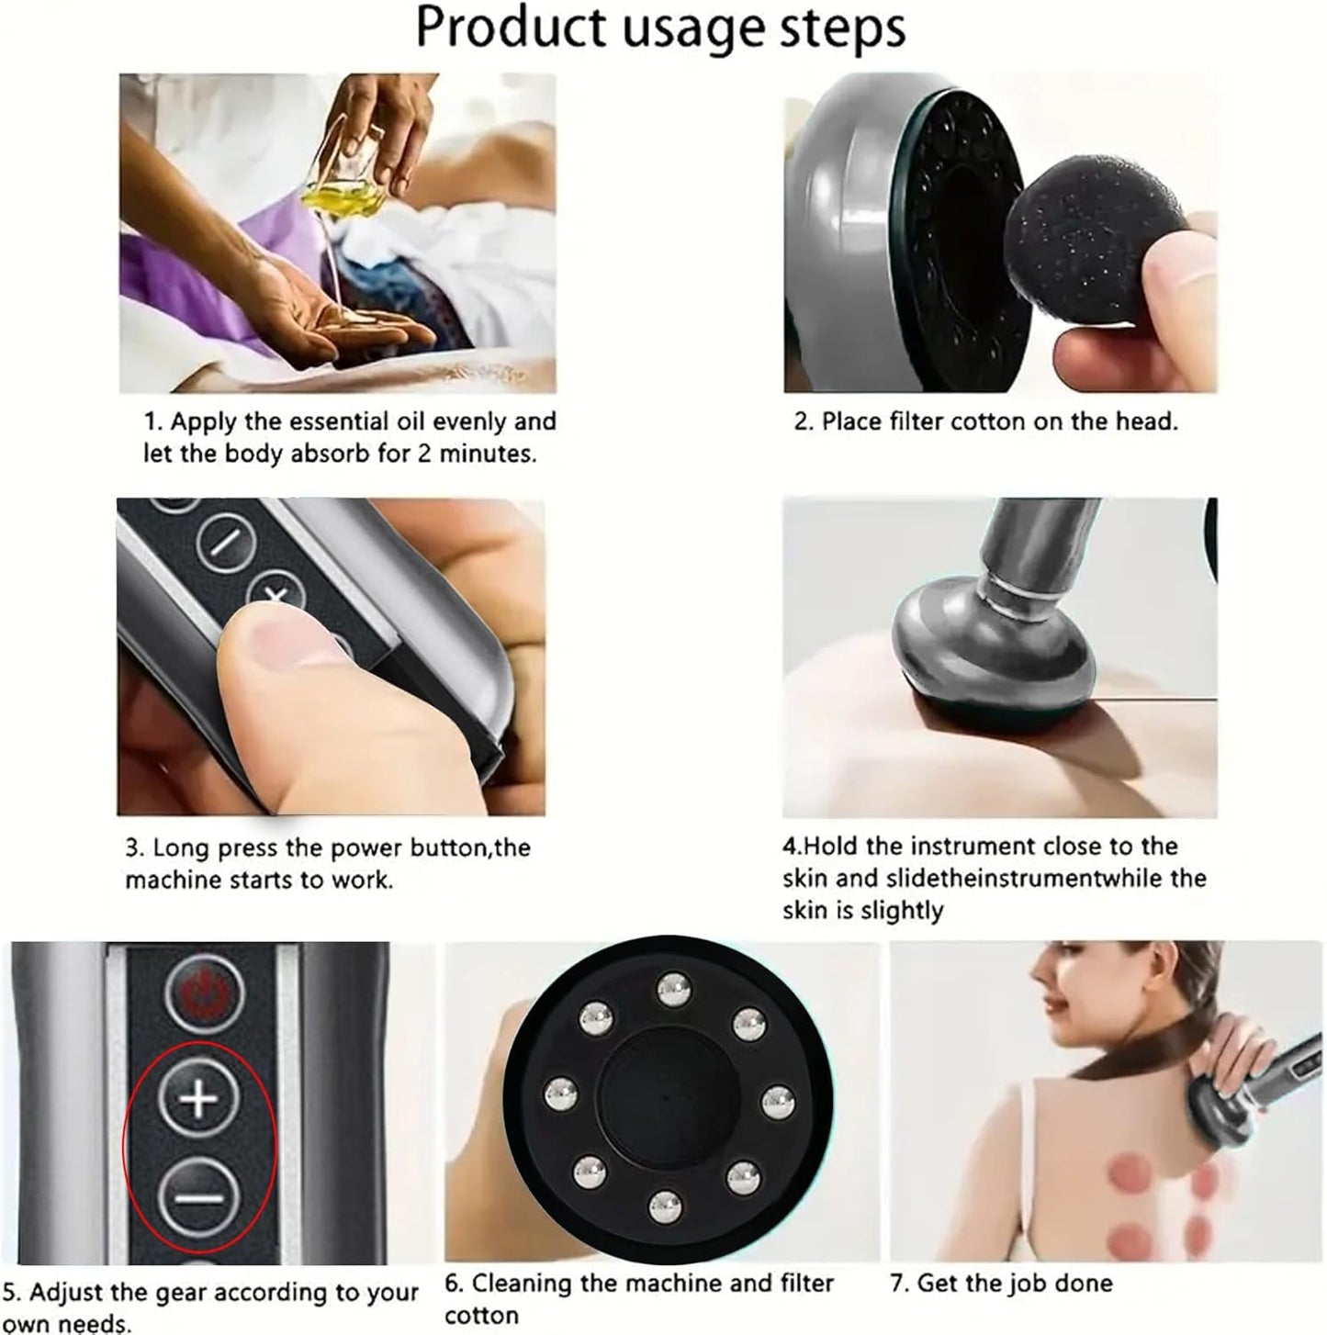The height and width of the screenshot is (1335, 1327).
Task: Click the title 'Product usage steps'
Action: click(660, 28)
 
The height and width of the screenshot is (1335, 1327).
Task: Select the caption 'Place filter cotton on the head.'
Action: click(985, 421)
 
